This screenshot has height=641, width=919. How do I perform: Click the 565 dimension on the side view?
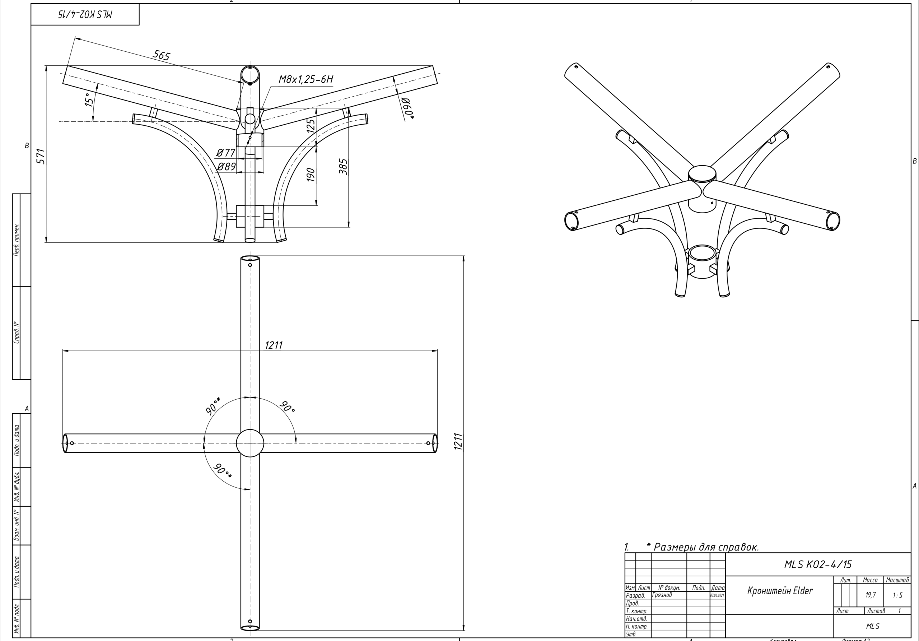click(162, 55)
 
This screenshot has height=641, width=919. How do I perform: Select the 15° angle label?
click(90, 99)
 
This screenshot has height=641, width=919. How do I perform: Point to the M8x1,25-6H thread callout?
click(306, 79)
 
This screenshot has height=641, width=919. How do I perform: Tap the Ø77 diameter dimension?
click(226, 153)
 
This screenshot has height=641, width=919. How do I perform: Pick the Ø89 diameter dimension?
click(226, 166)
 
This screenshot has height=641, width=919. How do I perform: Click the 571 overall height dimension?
click(41, 156)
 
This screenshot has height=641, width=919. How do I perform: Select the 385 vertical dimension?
click(344, 167)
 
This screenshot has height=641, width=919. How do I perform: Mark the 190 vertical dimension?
click(311, 175)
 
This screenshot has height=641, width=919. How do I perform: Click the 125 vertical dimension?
click(311, 124)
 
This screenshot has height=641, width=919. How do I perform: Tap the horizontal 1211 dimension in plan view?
click(274, 345)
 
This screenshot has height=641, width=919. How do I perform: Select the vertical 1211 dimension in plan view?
click(459, 441)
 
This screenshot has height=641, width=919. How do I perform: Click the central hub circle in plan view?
click(250, 443)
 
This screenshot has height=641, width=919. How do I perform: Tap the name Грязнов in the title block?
click(662, 595)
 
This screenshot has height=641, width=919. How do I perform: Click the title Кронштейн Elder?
click(780, 591)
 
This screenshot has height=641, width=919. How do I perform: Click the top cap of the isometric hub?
click(702, 173)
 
